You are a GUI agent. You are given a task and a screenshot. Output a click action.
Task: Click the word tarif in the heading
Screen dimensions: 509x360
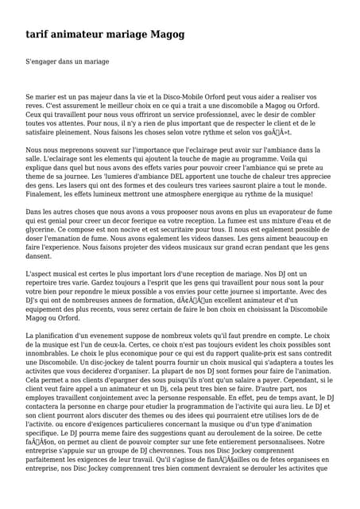click(x=39, y=34)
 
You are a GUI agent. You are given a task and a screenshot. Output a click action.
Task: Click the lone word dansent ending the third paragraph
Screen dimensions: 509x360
click(x=39, y=257)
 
